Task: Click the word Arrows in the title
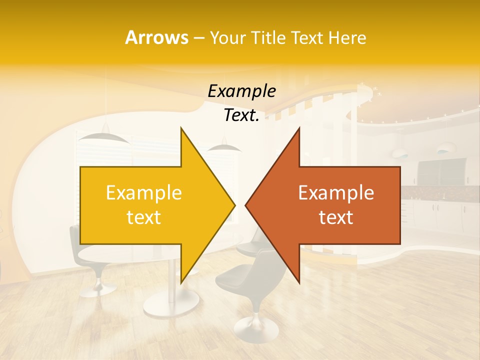(156, 37)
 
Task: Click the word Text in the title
(307, 37)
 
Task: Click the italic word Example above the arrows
(242, 91)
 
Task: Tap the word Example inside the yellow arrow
(144, 193)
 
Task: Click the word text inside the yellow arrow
(144, 217)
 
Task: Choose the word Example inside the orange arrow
(336, 193)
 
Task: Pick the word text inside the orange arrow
(336, 217)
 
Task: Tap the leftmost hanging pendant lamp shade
(98, 136)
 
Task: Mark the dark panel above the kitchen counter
(440, 172)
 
